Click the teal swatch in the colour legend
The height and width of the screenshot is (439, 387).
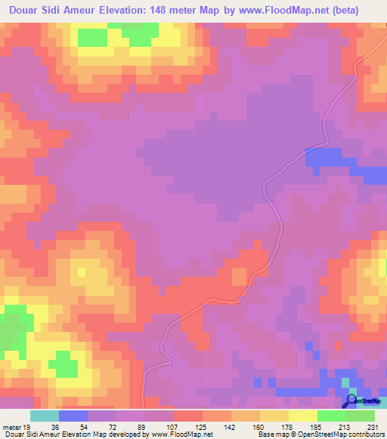click(x=44, y=416)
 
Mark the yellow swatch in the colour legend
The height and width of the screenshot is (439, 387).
click(x=302, y=416)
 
